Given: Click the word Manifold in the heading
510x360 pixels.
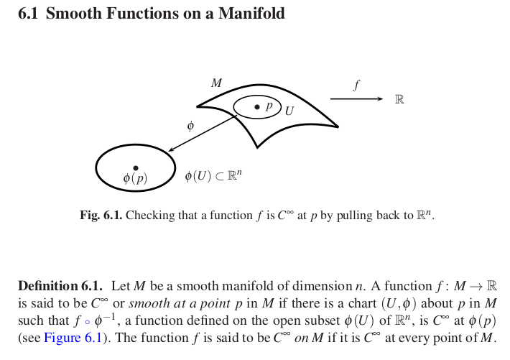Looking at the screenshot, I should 250,14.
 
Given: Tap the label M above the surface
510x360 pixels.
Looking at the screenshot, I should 216,83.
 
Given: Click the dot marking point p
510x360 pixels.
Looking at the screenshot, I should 257,107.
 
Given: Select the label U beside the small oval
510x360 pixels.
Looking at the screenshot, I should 289,111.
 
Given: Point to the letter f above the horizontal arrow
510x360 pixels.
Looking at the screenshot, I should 356,85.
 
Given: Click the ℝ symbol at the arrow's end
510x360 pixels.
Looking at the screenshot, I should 399,99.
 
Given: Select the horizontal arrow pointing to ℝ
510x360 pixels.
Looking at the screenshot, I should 356,99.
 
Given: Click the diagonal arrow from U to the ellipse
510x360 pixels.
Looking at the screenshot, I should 203,133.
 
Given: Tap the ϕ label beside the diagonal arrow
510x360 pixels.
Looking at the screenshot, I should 190,126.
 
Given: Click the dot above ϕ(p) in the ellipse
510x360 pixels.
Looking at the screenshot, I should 136,167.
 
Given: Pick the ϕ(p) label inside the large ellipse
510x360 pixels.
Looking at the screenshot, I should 135,179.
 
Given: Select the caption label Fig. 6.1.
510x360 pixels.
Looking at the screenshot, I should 101,215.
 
